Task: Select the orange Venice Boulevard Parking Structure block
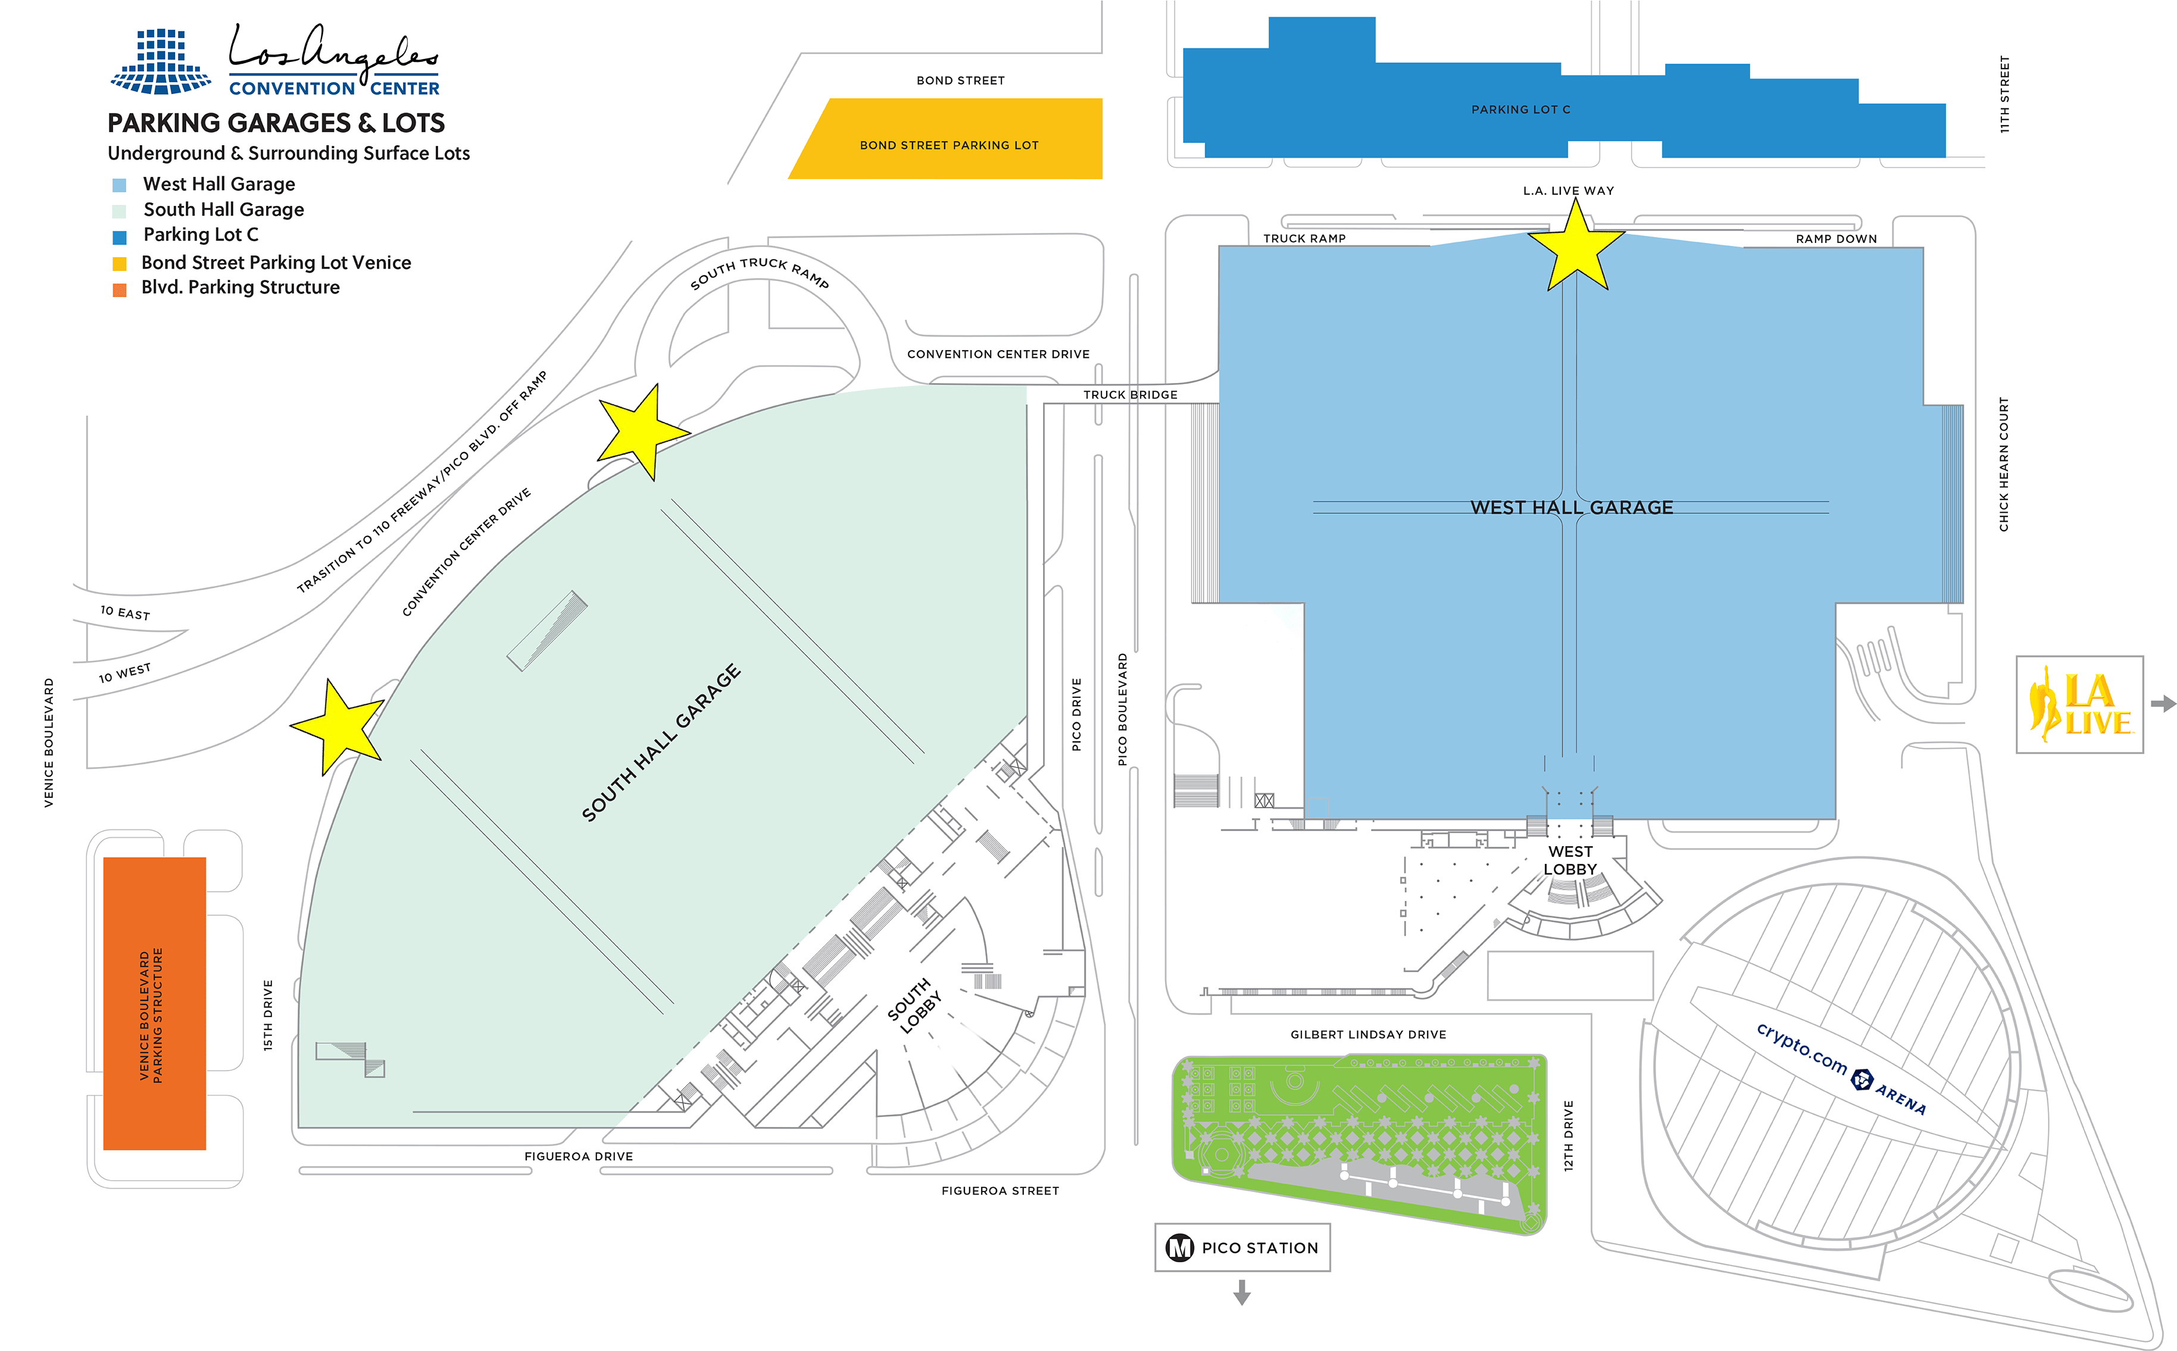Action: tap(155, 1003)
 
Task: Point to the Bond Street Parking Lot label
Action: tap(949, 145)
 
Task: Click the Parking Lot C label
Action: tap(1520, 109)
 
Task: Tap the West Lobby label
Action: tap(1570, 860)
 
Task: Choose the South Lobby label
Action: tap(914, 1005)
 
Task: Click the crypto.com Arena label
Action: tap(1840, 1068)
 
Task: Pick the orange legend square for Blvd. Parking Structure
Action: tap(119, 289)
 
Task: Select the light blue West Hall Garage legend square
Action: tap(119, 185)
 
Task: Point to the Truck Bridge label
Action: tap(1130, 394)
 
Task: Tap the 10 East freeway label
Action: tap(125, 613)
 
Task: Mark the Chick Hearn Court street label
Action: tap(2004, 464)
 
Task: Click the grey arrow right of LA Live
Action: tap(2163, 704)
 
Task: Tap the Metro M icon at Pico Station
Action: tap(1179, 1247)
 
